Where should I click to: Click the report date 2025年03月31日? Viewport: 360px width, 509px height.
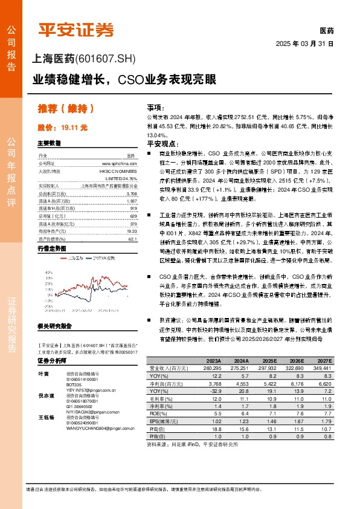point(304,44)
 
